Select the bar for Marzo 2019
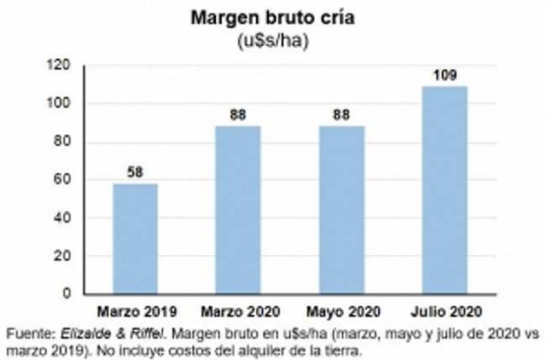tap(136, 239)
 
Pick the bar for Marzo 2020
tap(237, 210)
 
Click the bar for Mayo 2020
tap(340, 210)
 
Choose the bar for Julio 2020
tap(444, 189)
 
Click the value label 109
tap(444, 75)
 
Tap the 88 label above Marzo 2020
tap(237, 115)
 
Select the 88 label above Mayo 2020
tap(340, 115)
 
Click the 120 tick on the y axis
tap(58, 66)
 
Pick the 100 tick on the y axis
tap(58, 104)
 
